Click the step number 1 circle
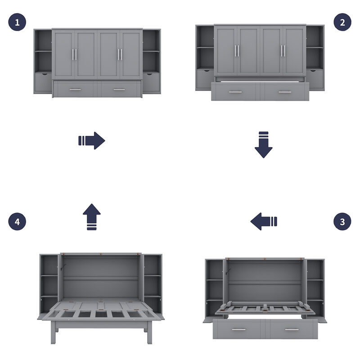[17, 22]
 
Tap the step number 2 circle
[342, 22]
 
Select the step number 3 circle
[342, 221]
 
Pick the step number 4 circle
[17, 221]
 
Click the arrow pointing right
[92, 140]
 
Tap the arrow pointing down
[264, 144]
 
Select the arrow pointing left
[264, 221]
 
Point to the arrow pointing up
[92, 217]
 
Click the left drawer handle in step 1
[75, 90]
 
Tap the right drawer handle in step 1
[119, 90]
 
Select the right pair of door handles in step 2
[283, 51]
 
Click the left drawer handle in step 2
[235, 92]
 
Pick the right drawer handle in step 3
[291, 329]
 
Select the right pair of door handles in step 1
[120, 54]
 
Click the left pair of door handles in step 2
[236, 51]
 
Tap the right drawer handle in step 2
[285, 92]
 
